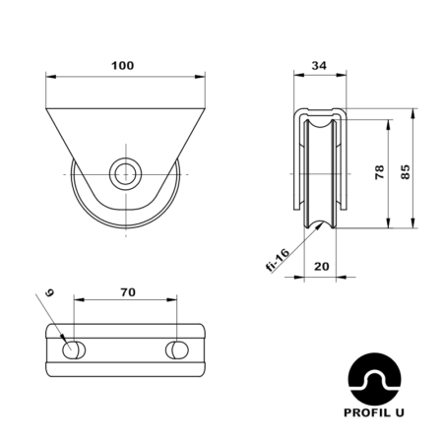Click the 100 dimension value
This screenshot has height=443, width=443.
(x=123, y=66)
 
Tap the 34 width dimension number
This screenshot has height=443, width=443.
(x=319, y=66)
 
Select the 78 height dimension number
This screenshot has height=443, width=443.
(x=379, y=172)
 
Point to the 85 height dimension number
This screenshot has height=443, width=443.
(x=406, y=172)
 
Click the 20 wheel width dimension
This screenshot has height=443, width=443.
(x=322, y=266)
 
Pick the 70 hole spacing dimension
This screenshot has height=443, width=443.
(x=128, y=292)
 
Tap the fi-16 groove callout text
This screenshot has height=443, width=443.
(x=278, y=260)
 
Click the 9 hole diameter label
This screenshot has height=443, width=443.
(x=49, y=292)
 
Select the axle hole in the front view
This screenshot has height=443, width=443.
(x=126, y=174)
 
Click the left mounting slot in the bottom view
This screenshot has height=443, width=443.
(x=74, y=350)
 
